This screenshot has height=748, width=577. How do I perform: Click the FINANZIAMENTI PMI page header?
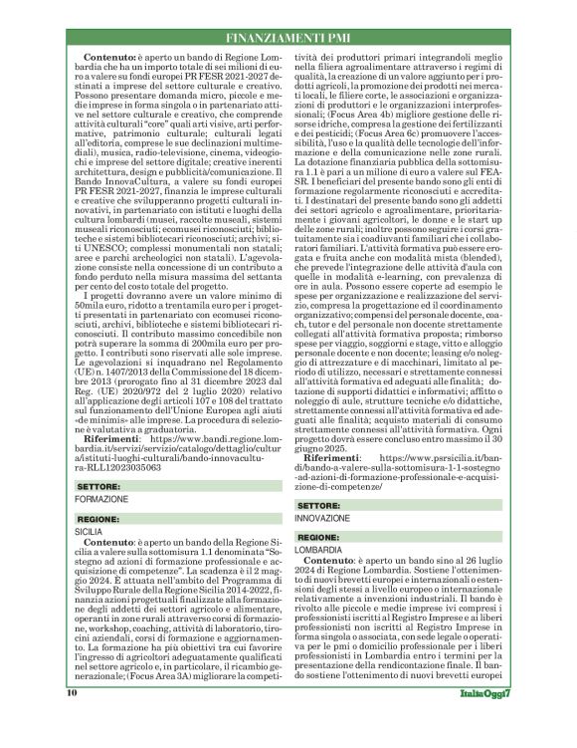(288, 40)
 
